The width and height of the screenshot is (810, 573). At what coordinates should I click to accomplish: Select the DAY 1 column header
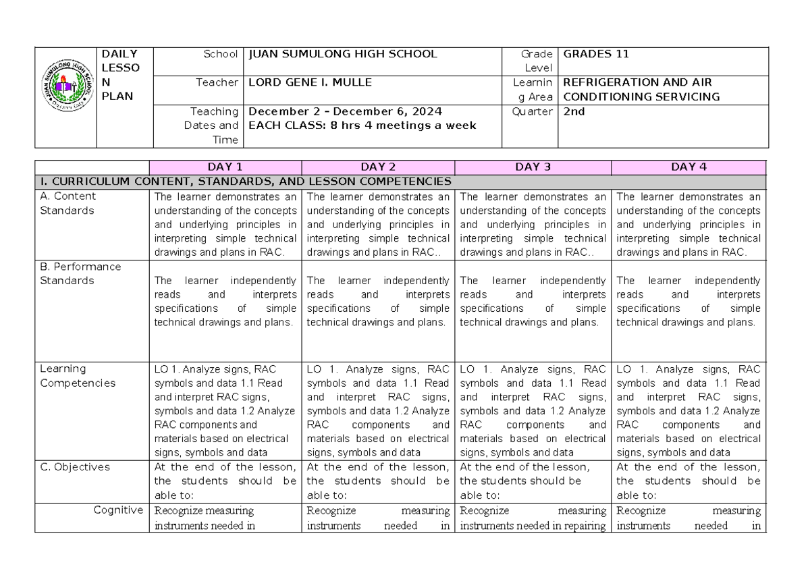click(225, 167)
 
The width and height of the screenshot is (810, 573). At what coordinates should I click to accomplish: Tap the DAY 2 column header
click(378, 167)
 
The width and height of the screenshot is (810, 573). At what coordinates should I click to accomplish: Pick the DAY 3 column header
click(533, 167)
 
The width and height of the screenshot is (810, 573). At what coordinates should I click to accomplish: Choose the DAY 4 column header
click(688, 167)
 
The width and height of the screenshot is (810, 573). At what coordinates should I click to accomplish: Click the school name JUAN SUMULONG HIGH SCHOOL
click(343, 54)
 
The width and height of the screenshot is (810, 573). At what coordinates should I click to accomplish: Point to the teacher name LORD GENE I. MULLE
click(310, 82)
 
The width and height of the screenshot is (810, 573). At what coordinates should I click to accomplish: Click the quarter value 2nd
click(574, 112)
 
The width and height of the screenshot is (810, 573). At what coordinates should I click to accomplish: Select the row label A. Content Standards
click(67, 203)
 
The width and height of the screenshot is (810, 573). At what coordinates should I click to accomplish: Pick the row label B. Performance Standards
click(80, 273)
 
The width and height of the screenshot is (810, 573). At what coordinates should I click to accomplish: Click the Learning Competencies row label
click(78, 376)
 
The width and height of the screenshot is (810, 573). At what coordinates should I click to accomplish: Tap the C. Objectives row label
click(75, 466)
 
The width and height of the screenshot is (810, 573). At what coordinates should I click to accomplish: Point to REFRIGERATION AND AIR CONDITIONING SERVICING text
click(641, 89)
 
